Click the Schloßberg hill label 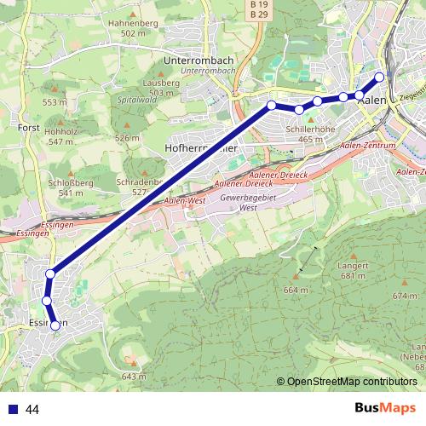(65, 183)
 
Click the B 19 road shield (259, 4)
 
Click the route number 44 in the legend (33, 410)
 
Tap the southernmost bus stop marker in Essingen (55, 325)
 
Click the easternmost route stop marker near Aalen (380, 77)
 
